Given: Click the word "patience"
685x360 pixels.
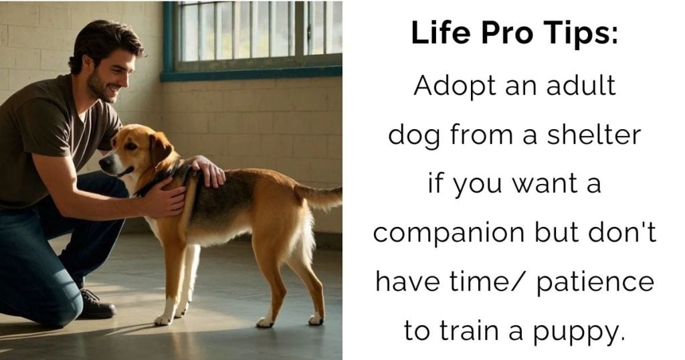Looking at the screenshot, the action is [595, 282].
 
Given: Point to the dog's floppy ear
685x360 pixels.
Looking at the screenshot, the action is [159, 148].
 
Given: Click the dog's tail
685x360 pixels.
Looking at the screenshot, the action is [319, 196].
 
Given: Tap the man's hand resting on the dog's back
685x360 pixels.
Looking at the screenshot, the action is [209, 171].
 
